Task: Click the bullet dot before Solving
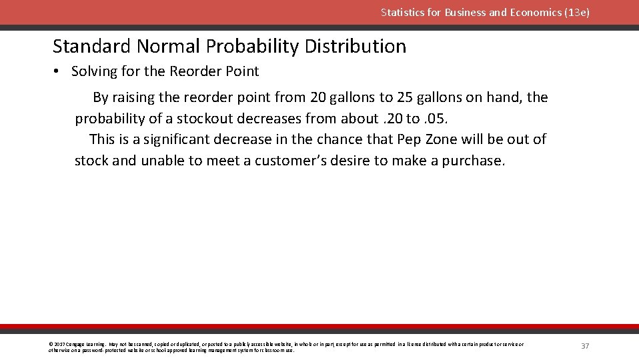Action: (x=57, y=71)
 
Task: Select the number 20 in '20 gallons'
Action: (x=317, y=97)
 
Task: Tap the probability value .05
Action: (x=442, y=119)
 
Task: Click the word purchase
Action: (x=474, y=161)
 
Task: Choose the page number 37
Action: (x=585, y=346)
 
